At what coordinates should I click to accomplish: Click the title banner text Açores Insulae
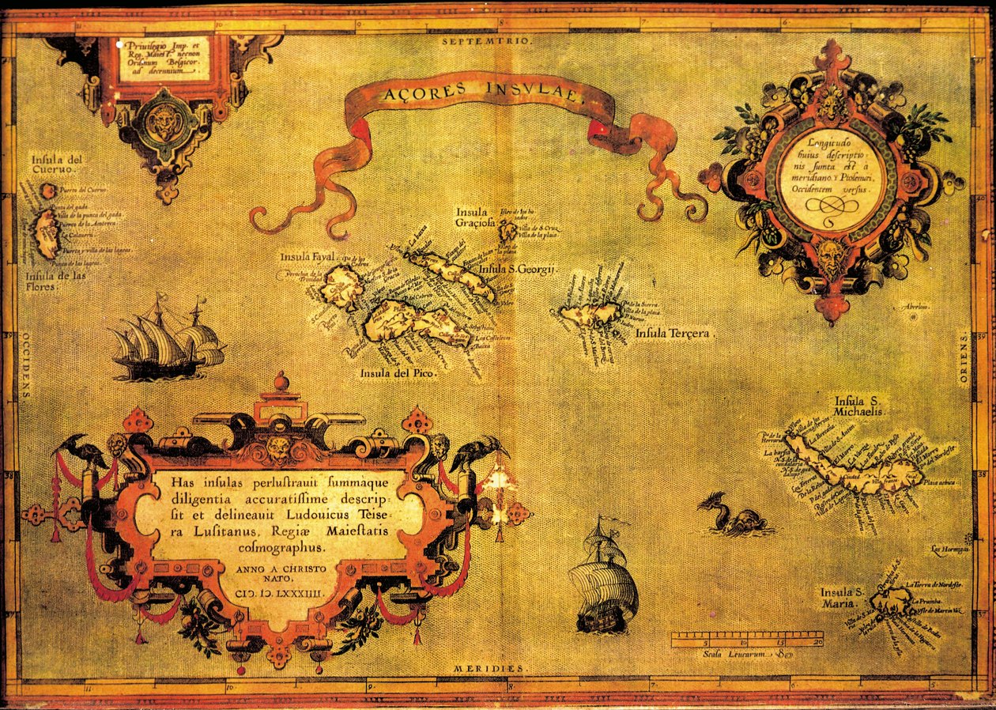point(483,97)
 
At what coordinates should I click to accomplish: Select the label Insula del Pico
point(393,372)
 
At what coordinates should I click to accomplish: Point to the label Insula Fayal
point(307,258)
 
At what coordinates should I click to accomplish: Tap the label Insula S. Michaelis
point(861,406)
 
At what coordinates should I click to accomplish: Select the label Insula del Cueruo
point(58,164)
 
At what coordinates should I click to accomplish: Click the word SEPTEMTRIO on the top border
point(489,40)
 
